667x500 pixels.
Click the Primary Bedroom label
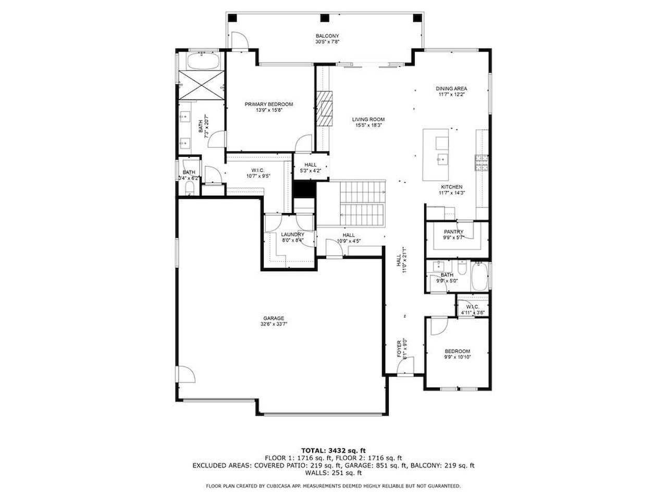pos(269,104)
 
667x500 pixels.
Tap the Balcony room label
pos(327,36)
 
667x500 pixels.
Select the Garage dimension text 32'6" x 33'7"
pos(274,324)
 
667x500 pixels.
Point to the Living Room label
pos(368,119)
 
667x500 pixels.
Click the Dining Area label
pos(451,89)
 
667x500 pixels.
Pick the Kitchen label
pos(451,187)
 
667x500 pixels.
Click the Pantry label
pos(453,232)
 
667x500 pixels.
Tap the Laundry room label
pos(292,235)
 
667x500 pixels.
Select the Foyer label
pos(400,347)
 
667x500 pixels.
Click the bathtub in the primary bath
pos(203,62)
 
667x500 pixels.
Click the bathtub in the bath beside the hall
pos(479,277)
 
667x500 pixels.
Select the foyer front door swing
pos(406,365)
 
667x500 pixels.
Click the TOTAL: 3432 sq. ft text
pos(333,450)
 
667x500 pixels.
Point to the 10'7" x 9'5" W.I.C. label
pos(258,173)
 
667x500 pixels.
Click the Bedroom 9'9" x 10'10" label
pos(457,354)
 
